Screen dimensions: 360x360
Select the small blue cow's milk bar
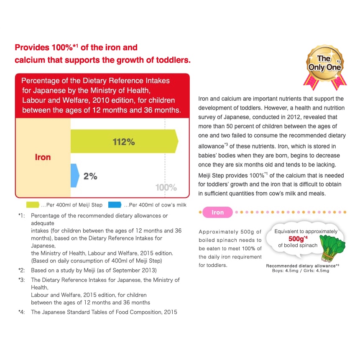(74, 175)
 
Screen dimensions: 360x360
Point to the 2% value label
(90, 176)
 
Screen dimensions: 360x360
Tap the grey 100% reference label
(166, 187)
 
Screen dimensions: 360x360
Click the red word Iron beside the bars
(43, 157)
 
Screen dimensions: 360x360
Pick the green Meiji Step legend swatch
(33, 205)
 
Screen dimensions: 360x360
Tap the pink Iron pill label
(217, 212)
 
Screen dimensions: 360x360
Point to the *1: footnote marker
(22, 216)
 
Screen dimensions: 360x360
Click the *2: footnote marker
(22, 270)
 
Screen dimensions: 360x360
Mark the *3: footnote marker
(22, 280)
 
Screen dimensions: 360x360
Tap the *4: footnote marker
(22, 312)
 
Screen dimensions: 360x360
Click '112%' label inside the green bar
(124, 142)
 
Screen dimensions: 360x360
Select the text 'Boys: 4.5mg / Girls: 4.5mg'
(300, 271)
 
